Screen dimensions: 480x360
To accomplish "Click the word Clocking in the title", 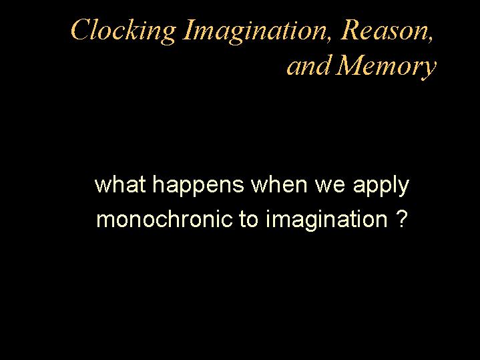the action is click(x=123, y=31).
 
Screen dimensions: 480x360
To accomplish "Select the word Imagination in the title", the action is click(x=254, y=31).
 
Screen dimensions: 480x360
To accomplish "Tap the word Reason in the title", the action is click(x=384, y=30).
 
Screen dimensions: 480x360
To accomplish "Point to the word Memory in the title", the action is click(x=386, y=66).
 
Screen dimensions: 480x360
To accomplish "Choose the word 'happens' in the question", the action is click(x=198, y=186).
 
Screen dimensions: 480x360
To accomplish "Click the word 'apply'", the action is click(x=381, y=186).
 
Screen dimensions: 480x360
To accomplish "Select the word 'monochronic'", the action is click(x=164, y=218).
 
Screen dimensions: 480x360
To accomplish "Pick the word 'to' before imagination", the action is click(x=248, y=219).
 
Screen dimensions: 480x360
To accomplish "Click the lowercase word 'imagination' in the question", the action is click(x=326, y=220).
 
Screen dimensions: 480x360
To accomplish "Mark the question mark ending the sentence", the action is click(x=402, y=218).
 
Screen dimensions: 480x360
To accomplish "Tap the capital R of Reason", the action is click(x=351, y=29).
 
